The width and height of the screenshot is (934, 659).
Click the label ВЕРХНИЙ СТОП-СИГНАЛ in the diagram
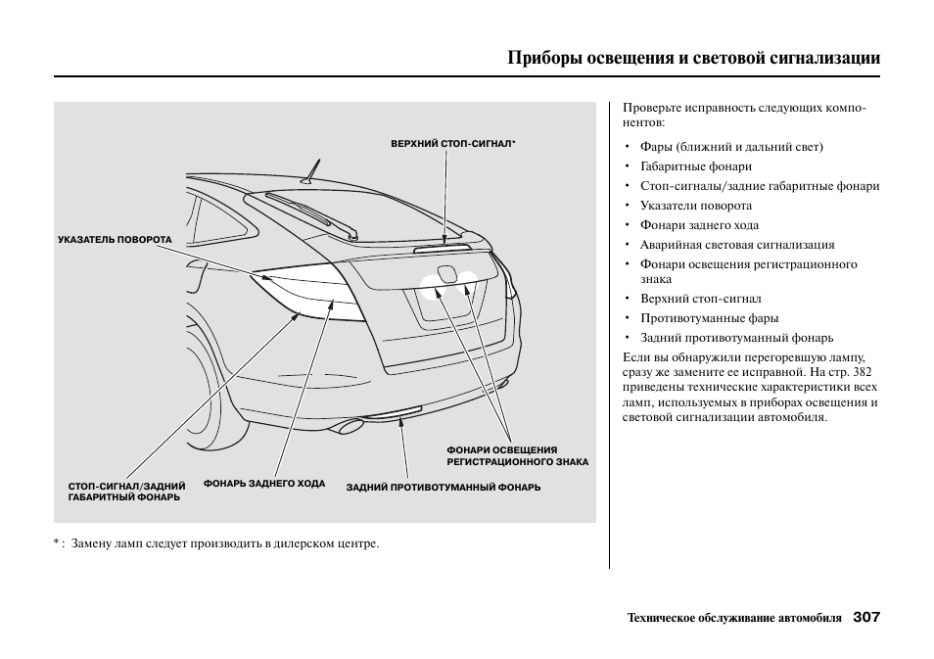click(x=451, y=144)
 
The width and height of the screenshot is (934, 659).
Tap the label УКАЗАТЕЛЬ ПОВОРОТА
click(x=115, y=239)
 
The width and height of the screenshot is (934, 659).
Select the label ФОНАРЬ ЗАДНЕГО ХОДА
click(x=263, y=484)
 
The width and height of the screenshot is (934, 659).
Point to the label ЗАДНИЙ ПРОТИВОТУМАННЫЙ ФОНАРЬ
click(x=443, y=488)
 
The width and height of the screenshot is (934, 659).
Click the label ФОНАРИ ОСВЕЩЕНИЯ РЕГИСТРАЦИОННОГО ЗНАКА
click(x=517, y=455)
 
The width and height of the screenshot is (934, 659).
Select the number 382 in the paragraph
click(x=862, y=372)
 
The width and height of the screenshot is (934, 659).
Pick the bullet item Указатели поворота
click(x=695, y=206)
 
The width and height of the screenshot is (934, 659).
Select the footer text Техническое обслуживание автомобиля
click(x=733, y=619)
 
